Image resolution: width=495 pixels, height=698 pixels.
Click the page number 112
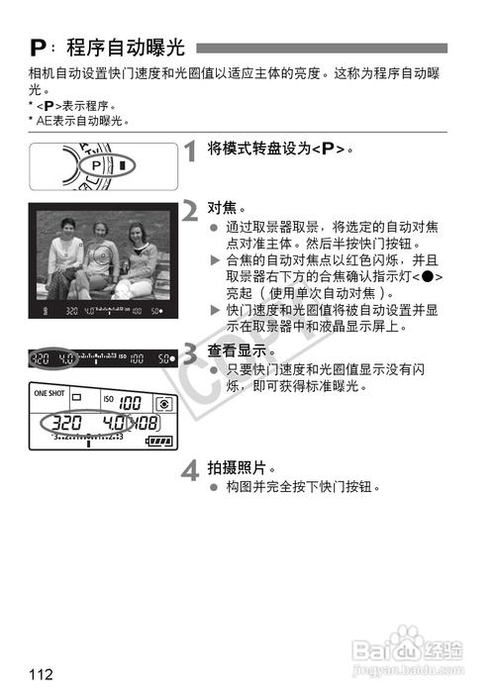pyautogui.click(x=41, y=675)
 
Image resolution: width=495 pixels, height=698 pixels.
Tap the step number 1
pyautogui.click(x=191, y=153)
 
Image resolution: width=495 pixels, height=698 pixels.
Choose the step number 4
pyautogui.click(x=191, y=470)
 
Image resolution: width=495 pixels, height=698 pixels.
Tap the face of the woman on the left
pyautogui.click(x=67, y=228)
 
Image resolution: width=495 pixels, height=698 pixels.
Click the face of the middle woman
pyautogui.click(x=101, y=235)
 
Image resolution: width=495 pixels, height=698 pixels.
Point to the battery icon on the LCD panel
pyautogui.click(x=157, y=442)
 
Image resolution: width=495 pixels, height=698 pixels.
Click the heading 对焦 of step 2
pyautogui.click(x=222, y=208)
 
